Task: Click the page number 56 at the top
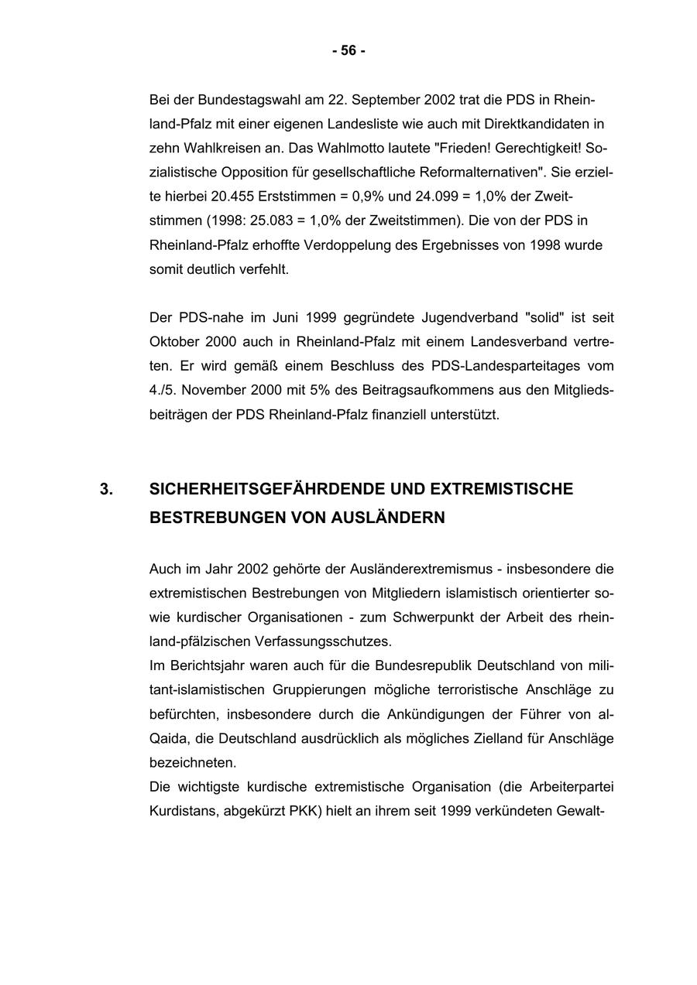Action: [x=348, y=51]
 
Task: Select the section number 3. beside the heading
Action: [x=106, y=490]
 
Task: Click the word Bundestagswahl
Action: [x=244, y=100]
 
